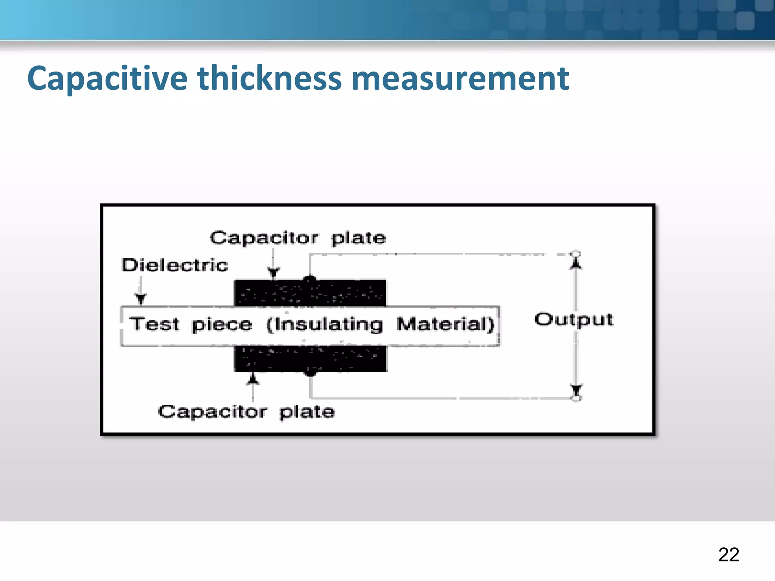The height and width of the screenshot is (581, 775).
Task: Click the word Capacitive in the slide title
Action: point(107,79)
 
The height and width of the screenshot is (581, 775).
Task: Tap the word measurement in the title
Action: point(460,79)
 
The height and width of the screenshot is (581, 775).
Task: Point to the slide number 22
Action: point(728,555)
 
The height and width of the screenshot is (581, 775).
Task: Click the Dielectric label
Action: point(175,265)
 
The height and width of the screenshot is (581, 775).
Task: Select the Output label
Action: point(573,320)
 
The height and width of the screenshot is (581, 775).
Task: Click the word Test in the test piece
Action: point(154,324)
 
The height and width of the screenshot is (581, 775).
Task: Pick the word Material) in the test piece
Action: point(445,324)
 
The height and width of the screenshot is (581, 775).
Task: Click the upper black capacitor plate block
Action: point(310,293)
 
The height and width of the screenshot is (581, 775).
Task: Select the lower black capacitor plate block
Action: point(310,359)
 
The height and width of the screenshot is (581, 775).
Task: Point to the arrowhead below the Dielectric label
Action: point(141,299)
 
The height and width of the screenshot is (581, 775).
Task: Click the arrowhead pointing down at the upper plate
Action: point(273,272)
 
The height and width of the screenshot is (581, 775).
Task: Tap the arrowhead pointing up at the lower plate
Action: point(253,378)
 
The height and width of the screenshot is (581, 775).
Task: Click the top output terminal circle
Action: point(576,253)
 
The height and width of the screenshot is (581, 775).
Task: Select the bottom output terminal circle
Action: point(576,398)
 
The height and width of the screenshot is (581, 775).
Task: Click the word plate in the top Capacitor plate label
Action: point(358,238)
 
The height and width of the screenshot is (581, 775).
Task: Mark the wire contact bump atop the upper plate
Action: point(310,280)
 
